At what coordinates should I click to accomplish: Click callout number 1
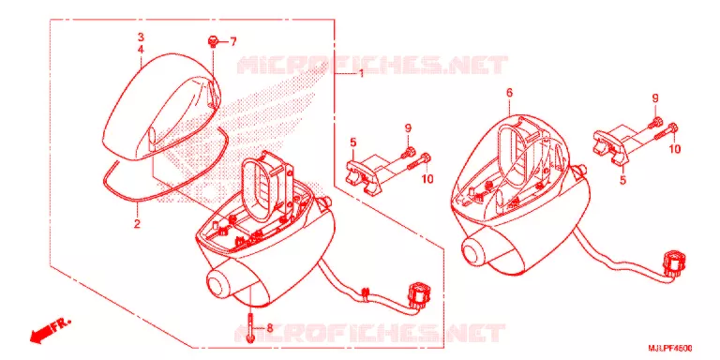(361, 74)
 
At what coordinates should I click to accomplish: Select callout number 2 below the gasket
(137, 224)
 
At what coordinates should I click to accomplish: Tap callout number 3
(141, 37)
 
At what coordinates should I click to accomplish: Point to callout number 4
(141, 49)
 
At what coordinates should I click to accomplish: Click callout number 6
(509, 93)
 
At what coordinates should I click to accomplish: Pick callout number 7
(232, 42)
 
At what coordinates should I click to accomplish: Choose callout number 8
(270, 328)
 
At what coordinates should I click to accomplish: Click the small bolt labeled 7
(213, 42)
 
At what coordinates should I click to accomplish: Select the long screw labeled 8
(249, 327)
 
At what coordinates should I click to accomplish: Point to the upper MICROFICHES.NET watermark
(372, 65)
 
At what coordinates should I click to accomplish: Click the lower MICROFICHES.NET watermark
(370, 333)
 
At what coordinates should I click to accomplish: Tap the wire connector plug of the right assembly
(674, 264)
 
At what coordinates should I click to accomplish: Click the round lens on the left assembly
(219, 284)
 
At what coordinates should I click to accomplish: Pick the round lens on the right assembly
(473, 250)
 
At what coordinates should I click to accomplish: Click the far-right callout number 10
(674, 149)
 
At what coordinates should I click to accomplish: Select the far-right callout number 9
(655, 97)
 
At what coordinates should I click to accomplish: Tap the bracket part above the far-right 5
(609, 145)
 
